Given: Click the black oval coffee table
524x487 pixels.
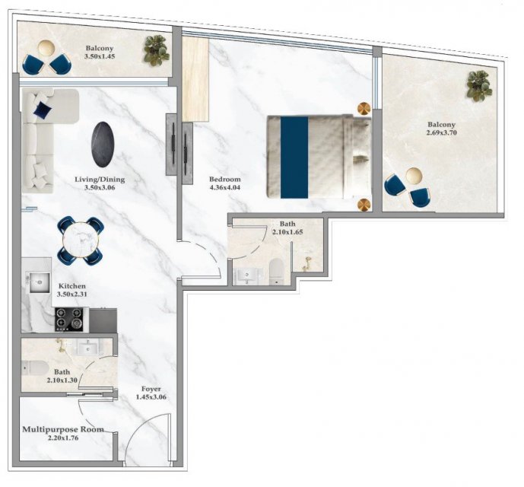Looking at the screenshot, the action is coord(103,145).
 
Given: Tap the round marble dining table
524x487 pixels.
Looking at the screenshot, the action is coord(81,240).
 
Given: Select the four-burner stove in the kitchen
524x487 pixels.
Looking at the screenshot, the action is coord(69,320).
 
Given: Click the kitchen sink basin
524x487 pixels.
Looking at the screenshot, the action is coord(40,282).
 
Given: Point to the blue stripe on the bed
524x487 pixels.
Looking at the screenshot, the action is coord(294,158).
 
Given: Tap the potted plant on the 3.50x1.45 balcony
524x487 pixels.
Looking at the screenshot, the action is coord(157,50).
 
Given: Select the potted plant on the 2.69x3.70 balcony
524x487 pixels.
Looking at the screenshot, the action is coord(479,86).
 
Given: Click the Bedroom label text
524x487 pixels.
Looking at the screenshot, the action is coord(224,179).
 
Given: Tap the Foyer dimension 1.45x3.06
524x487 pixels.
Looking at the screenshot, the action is coord(151,397).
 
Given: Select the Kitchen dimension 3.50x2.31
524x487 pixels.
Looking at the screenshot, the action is coord(72,294).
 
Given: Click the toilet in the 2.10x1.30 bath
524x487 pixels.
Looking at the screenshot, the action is coord(34,368).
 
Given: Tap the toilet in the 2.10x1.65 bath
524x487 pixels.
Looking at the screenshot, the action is coord(276,272).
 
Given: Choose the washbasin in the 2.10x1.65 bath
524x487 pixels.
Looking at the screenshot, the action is coord(247,277).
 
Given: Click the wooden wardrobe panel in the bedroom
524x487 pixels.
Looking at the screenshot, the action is coord(195,79).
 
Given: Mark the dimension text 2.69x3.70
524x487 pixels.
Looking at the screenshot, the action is coord(441,133).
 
